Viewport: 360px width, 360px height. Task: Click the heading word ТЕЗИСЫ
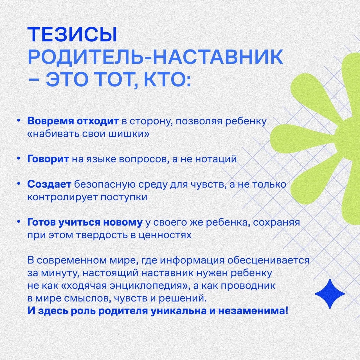72,35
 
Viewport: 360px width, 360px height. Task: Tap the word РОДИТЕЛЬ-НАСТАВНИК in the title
155,57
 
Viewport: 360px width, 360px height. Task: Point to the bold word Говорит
48,159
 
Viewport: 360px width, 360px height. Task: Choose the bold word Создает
49,184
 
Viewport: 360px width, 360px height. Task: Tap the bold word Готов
41,222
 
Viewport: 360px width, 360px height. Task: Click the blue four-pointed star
330,294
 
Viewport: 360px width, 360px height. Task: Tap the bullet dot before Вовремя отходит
18,121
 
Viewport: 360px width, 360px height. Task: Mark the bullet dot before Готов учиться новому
18,222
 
